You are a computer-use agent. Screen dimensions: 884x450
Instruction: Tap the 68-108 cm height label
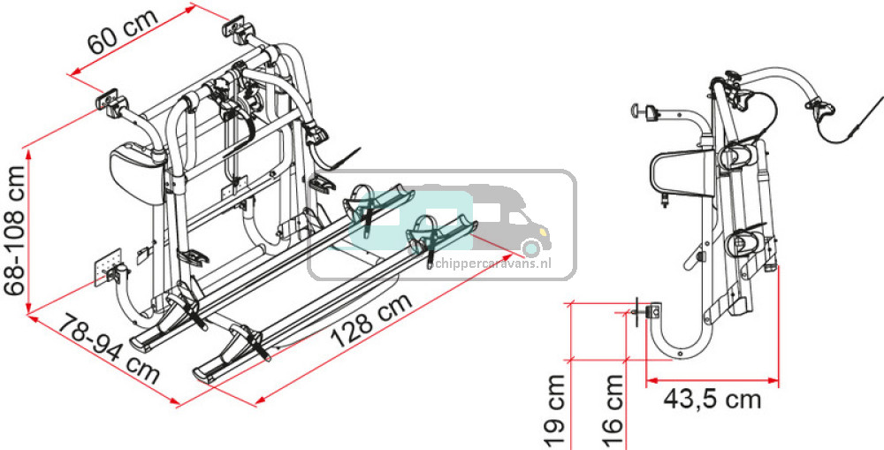pos(14,231)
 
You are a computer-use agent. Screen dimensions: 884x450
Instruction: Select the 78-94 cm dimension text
pos(109,348)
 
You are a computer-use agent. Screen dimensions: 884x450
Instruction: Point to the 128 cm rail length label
pos(371,319)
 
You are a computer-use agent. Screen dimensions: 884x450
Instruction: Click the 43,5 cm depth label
pos(712,400)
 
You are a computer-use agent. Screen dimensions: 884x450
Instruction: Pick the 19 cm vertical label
pos(555,410)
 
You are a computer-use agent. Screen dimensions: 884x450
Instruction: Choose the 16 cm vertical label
pos(613,410)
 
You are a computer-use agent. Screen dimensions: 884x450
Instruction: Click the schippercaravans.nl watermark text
pos(490,263)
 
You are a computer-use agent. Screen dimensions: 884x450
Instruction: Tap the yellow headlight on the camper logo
pos(544,232)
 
